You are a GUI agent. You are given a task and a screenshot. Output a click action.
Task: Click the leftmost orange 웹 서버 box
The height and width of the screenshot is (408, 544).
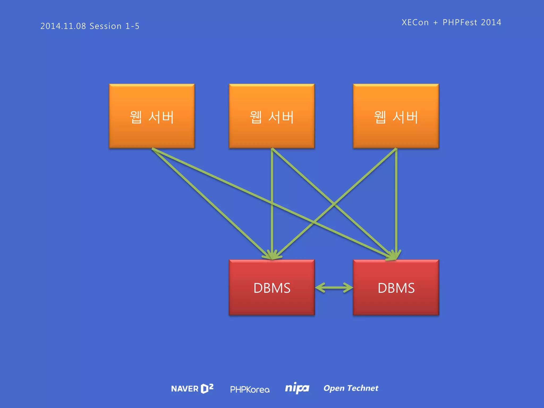[x=152, y=116]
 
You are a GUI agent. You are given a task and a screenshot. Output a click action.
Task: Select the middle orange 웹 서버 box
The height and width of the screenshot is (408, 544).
[x=272, y=116]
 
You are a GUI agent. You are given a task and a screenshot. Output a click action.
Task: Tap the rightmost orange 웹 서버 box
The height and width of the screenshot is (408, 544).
[x=396, y=116]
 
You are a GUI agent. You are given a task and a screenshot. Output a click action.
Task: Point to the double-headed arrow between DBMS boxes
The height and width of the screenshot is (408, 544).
[x=334, y=288]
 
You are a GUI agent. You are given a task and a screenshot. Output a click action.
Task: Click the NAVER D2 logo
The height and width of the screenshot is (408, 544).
[x=192, y=389]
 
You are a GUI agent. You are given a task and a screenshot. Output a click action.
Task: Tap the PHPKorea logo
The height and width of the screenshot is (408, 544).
[x=250, y=389]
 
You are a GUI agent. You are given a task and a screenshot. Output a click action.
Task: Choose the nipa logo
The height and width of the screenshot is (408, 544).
[x=297, y=388]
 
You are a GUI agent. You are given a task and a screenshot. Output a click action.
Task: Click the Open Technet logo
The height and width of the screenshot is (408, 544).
[x=351, y=388]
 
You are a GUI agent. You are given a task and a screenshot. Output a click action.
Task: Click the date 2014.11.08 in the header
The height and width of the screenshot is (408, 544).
[x=63, y=26]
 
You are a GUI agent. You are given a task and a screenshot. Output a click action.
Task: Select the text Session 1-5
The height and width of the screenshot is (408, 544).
[x=114, y=26]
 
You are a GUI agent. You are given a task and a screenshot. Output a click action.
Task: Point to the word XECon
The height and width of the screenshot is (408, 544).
[x=415, y=22]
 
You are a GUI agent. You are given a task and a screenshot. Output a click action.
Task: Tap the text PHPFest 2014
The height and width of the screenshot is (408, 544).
[x=472, y=22]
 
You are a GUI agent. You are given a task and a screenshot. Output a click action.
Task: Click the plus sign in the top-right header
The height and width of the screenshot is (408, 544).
[x=435, y=23]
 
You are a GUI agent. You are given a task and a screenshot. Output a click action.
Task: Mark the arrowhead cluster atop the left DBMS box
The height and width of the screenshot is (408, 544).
[x=272, y=255]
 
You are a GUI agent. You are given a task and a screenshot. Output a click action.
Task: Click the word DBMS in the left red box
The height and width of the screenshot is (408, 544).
[x=272, y=288]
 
